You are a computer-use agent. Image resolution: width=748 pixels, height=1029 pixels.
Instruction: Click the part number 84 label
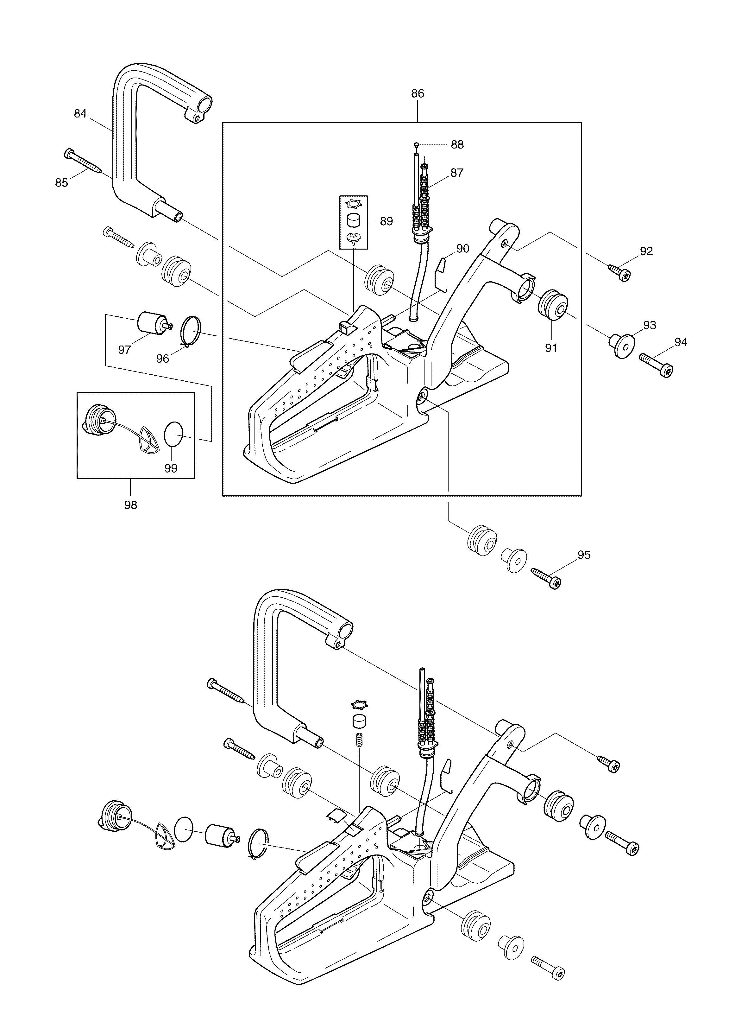pyautogui.click(x=80, y=113)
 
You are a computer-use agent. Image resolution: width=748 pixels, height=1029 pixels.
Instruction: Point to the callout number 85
pyautogui.click(x=62, y=182)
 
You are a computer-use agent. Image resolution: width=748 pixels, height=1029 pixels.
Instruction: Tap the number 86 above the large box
pyautogui.click(x=418, y=93)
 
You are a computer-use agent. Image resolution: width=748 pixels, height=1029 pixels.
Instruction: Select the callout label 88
pyautogui.click(x=457, y=145)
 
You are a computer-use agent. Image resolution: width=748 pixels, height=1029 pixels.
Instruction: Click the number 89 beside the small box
pyautogui.click(x=387, y=221)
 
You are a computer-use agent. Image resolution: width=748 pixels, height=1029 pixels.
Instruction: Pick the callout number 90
pyautogui.click(x=463, y=249)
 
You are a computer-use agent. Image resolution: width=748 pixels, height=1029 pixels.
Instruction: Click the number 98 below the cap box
pyautogui.click(x=130, y=505)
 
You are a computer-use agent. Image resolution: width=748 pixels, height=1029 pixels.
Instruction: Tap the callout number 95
pyautogui.click(x=584, y=555)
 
